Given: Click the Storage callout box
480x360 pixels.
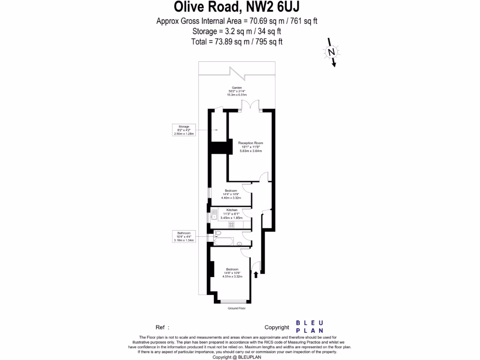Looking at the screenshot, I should pos(183,130).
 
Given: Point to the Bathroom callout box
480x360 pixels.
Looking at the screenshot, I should pos(183,236).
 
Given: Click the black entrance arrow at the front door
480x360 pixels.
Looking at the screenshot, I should pos(256,275).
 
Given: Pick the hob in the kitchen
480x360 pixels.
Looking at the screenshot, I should pos(231,225).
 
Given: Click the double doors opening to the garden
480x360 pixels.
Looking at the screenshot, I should pos(253,106).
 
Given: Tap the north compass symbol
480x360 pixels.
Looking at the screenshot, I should pos(331,52).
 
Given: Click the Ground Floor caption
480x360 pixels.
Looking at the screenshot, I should pos(237,308).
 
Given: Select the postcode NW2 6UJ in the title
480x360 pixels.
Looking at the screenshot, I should pos(275,7).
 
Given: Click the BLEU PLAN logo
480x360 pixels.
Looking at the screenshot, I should pos(310,327).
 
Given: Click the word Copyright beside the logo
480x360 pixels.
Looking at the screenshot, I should pos(277,327).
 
